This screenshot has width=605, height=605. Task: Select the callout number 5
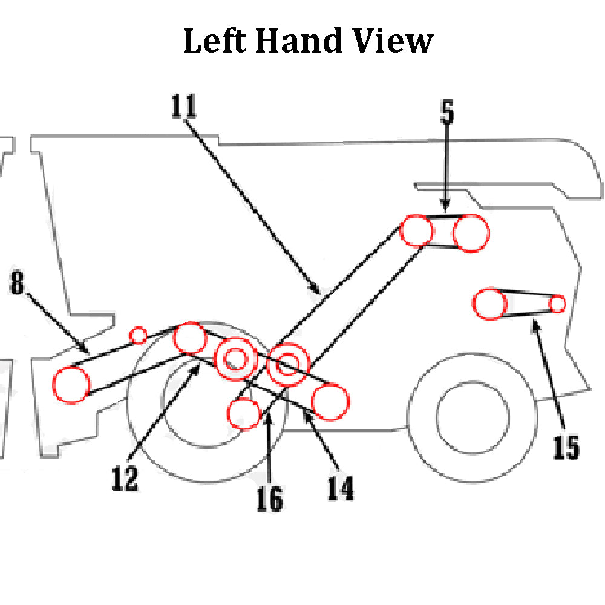coord(446,112)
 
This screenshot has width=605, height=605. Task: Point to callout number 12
coord(125,477)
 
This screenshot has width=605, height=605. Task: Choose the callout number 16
coord(269,499)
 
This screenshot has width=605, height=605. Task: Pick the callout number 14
coord(340,487)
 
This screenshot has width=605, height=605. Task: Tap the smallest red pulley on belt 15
coord(557,304)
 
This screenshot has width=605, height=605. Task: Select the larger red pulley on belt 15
coord(489,304)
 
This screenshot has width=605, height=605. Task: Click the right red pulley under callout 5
coord(471,234)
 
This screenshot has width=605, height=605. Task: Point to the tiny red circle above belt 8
coord(139,334)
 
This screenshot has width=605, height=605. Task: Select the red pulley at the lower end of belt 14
coord(330,401)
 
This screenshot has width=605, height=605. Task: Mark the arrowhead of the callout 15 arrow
coord(533,324)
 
